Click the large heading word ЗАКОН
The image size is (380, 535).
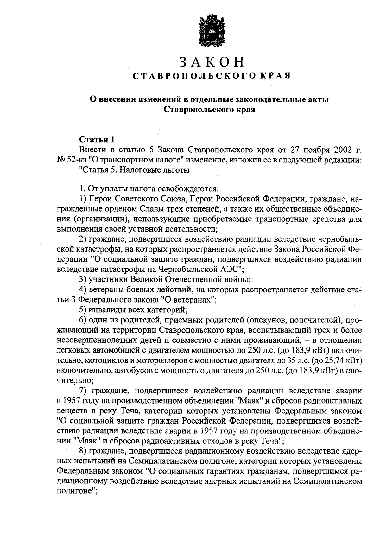[212, 62]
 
